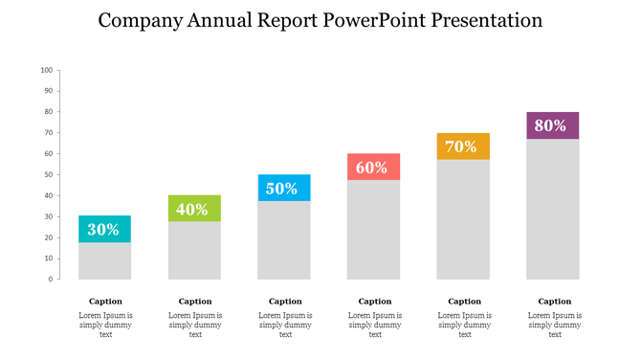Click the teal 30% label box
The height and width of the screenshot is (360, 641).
coord(104,229)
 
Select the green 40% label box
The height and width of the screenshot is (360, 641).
coord(194,208)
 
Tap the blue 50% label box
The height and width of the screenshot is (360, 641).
coord(284,188)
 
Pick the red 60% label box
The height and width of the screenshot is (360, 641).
coord(374,167)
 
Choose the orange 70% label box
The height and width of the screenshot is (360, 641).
coord(464,146)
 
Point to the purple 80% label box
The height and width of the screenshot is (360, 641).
coord(553,125)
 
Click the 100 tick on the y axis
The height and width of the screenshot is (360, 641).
coord(47,71)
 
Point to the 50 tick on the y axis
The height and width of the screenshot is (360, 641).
coord(48,175)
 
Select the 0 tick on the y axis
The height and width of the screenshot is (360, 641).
coord(50,280)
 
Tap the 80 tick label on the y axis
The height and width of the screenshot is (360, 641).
coord(48,112)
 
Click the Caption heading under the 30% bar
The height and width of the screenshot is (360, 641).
coord(105,301)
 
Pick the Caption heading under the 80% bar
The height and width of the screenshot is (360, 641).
coord(554,301)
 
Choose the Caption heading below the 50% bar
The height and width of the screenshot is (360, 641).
coord(285,301)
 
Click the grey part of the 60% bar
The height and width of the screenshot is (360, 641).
coord(374,230)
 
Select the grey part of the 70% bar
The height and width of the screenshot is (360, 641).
coord(464,219)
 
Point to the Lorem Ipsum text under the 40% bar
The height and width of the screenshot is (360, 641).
coord(195,325)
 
